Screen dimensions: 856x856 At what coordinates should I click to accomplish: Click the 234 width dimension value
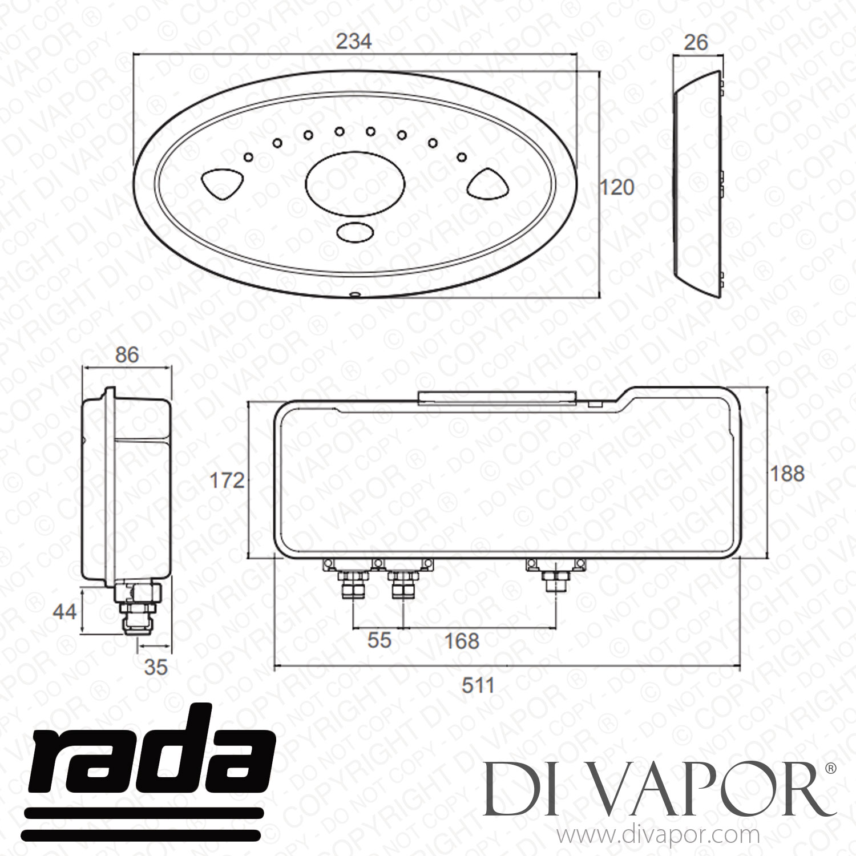(354, 42)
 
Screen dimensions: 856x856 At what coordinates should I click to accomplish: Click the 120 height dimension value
(617, 187)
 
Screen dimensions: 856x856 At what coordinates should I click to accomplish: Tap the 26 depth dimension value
(696, 42)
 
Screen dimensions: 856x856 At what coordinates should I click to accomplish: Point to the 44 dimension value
(64, 612)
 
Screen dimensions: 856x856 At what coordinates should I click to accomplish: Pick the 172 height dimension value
(227, 481)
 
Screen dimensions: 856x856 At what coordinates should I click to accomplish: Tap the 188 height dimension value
(788, 473)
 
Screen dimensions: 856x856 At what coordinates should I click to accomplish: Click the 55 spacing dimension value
(379, 640)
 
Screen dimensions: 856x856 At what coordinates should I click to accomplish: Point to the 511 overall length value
(478, 685)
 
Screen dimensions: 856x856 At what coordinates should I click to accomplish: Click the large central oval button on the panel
(356, 183)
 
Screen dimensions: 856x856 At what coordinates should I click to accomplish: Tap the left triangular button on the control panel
(223, 183)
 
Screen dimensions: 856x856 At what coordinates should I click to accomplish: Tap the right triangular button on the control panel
(489, 183)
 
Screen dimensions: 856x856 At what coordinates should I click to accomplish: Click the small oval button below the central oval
(354, 233)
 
